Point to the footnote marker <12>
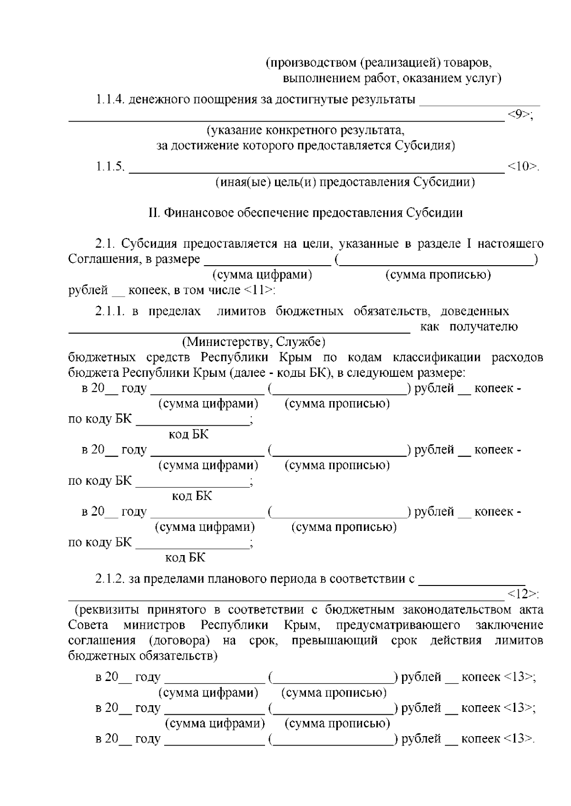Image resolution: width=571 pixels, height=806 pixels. pos(523,594)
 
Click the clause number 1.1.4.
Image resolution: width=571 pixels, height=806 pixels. pos(110,100)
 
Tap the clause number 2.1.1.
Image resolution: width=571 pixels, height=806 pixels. pos(110,311)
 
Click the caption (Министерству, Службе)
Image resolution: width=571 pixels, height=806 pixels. pos(254,342)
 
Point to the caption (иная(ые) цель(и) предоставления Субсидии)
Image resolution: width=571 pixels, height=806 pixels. pos(345,182)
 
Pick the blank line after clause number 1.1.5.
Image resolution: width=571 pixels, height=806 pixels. pos(316,172)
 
